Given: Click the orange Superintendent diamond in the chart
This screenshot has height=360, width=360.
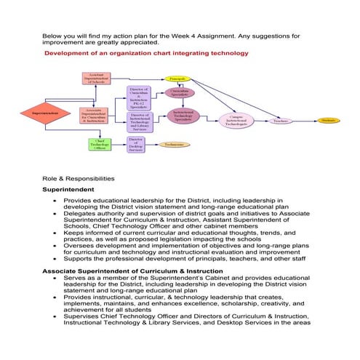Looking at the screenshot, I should point(44,114).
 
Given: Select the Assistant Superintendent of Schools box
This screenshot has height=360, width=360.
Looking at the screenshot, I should point(96,79).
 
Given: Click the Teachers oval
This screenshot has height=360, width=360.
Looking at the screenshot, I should point(281,121).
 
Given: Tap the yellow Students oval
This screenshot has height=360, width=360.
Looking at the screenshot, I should point(327,120).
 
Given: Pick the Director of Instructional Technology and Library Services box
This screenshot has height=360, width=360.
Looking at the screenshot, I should point(139,121).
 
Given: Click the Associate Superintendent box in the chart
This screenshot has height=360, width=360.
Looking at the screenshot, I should point(96,115).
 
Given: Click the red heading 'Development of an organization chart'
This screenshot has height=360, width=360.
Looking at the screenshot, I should point(146,53).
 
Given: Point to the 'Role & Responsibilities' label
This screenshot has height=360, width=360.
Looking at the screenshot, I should point(78,177).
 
